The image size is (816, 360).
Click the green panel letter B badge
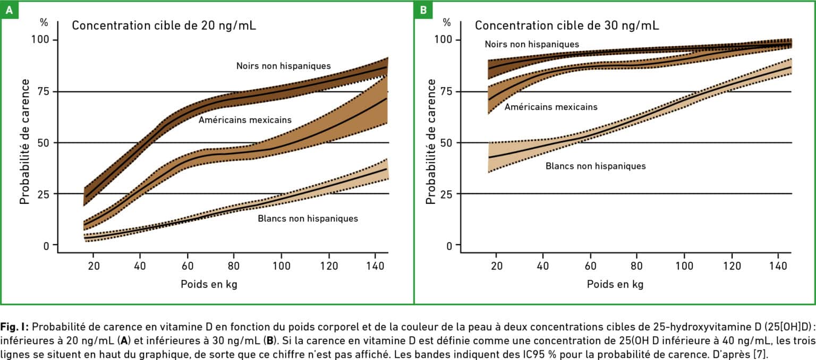pos(423,10)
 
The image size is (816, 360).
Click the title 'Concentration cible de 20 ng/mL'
pos(164,25)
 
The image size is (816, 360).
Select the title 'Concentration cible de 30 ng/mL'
pos(567,25)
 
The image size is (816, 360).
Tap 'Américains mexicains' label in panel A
pos(245,120)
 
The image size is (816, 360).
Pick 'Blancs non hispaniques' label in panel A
pos(308,218)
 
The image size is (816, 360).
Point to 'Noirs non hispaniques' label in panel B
pos(531,44)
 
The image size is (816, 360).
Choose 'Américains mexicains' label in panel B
pos(551,107)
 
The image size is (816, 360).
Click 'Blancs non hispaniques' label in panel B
pos(596,166)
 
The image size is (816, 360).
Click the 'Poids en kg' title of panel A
pos(209,284)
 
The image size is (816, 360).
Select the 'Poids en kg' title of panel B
pos(615,284)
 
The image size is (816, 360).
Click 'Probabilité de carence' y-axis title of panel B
pos(431,141)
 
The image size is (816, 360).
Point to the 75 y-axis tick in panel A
pos(43,91)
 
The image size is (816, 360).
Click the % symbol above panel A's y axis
pos(44,23)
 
